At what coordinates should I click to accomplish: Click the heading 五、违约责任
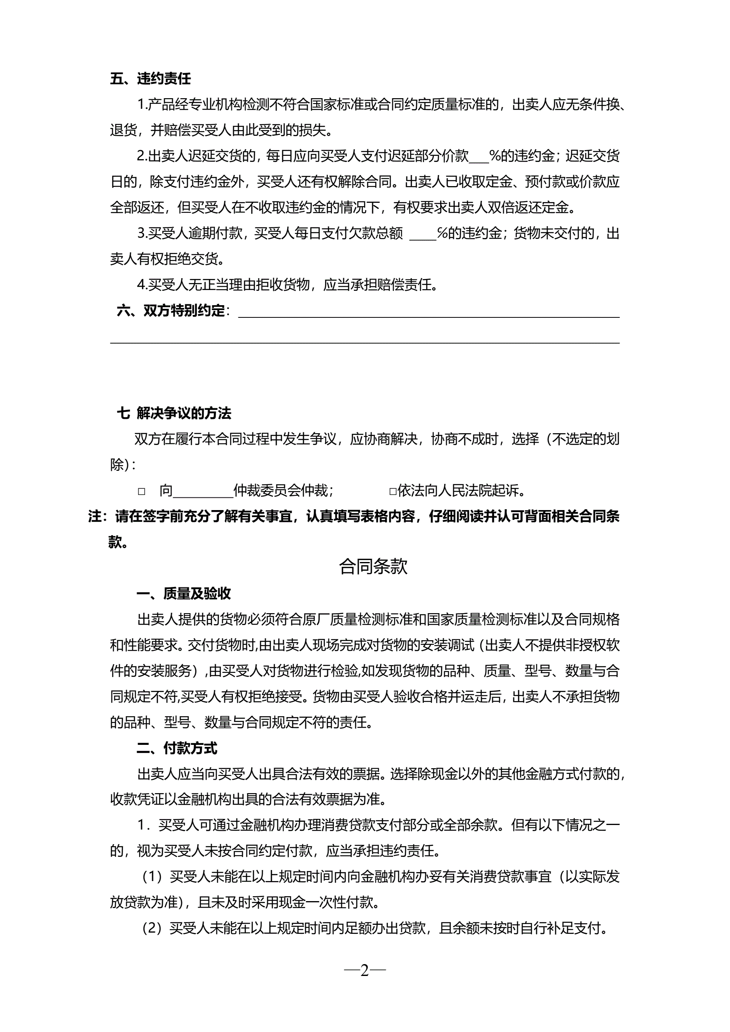(150, 79)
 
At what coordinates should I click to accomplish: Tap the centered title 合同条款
(373, 567)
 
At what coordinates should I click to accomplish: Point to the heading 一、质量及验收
(183, 594)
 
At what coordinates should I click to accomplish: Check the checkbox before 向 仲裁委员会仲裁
(142, 492)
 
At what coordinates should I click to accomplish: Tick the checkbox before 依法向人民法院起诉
(393, 492)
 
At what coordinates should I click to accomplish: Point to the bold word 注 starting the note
(95, 517)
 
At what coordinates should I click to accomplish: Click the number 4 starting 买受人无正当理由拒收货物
(142, 285)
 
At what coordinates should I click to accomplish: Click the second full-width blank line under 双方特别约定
(364, 343)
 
